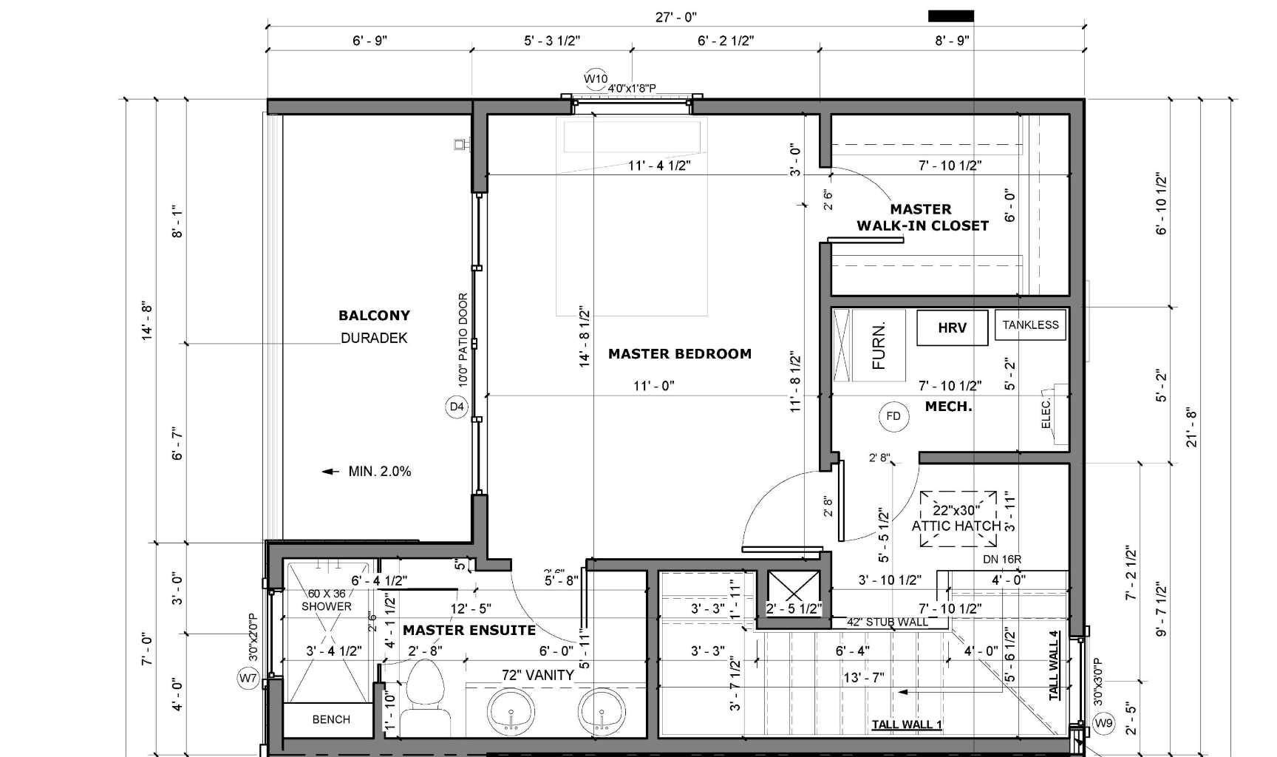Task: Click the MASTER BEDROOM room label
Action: click(x=679, y=354)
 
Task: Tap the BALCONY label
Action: click(x=374, y=316)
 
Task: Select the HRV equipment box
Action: click(x=952, y=327)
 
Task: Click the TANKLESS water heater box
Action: click(x=1030, y=325)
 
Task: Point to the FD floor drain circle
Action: click(x=893, y=416)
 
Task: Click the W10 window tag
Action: click(x=596, y=79)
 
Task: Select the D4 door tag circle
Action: click(x=457, y=407)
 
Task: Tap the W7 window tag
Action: click(x=248, y=677)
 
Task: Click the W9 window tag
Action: click(x=1103, y=723)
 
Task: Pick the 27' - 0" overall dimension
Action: click(x=675, y=17)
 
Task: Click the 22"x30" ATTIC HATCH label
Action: click(x=956, y=518)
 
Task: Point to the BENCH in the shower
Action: click(x=330, y=719)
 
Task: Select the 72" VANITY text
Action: click(x=537, y=675)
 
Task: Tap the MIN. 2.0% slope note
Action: click(x=379, y=472)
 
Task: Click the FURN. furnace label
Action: click(x=879, y=345)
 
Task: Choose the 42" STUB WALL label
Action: click(x=888, y=622)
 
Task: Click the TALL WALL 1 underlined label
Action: click(x=906, y=724)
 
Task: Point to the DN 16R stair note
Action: click(x=1002, y=560)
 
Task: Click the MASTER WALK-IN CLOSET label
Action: click(x=922, y=218)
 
